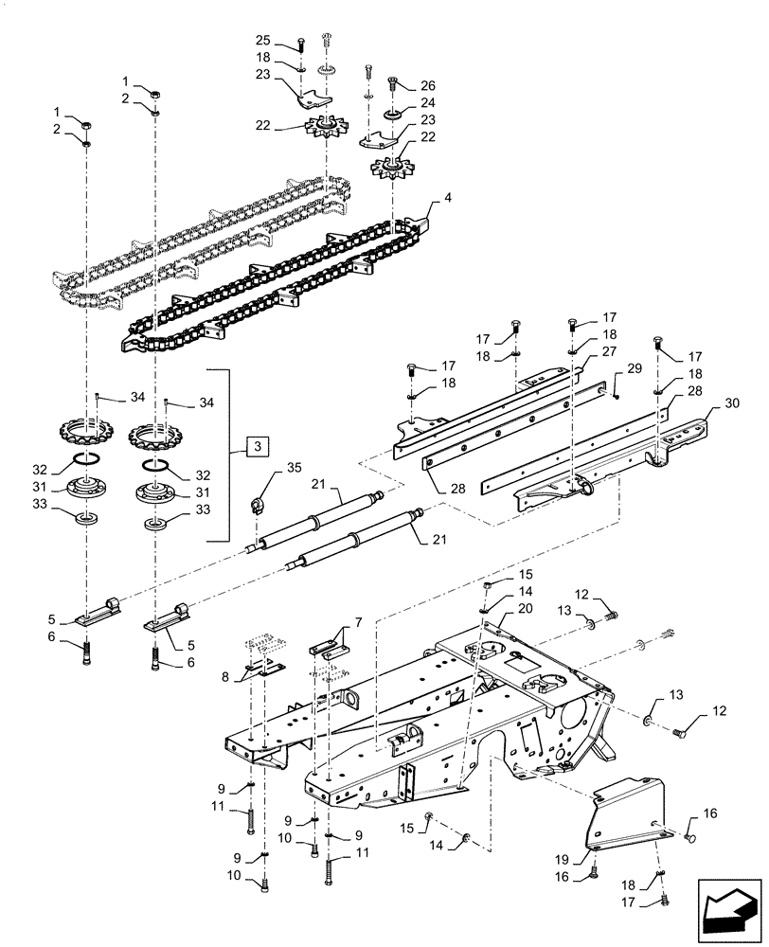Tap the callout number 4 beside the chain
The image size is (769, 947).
435,201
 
